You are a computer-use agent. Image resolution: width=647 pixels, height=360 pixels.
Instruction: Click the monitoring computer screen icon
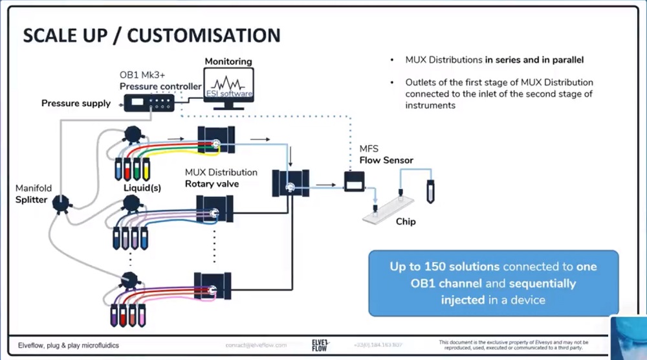(x=228, y=87)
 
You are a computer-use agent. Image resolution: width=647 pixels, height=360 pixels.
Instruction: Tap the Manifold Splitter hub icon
(x=60, y=203)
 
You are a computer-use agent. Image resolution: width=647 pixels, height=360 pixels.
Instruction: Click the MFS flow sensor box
(x=354, y=183)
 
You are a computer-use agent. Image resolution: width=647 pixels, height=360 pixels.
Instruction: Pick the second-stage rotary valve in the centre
(x=291, y=183)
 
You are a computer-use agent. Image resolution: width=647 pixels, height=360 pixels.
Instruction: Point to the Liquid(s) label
(x=142, y=188)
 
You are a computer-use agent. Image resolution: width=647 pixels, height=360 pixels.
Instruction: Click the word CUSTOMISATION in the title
(x=204, y=36)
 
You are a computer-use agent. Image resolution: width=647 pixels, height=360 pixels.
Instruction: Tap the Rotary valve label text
(x=212, y=183)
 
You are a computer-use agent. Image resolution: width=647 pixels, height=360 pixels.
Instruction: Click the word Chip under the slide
(x=406, y=222)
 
